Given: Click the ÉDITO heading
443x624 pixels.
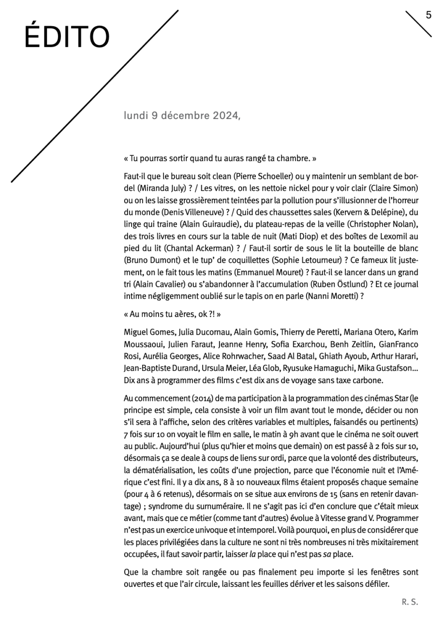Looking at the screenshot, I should tap(67, 37).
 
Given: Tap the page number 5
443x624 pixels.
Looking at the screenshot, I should tap(428, 15).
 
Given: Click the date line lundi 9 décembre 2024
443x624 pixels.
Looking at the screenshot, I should tap(182, 116).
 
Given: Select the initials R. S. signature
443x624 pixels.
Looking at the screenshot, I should tap(410, 602).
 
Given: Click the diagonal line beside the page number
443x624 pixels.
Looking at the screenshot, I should tap(419, 24).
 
